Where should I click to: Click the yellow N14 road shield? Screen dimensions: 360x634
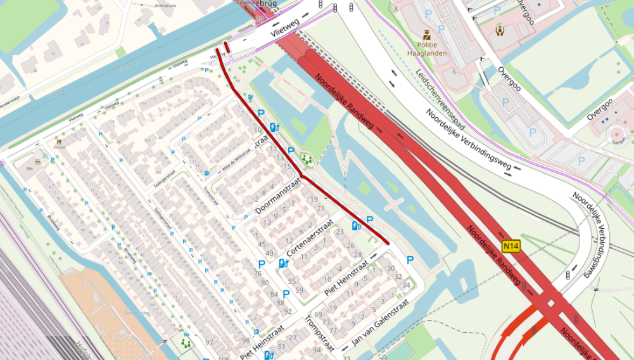click(511, 246)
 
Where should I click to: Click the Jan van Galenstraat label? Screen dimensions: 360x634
click(381, 323)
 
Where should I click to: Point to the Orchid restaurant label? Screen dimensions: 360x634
click(59, 146)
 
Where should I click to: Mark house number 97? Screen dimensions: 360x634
click(209, 342)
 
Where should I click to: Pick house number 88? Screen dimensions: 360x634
click(281, 303)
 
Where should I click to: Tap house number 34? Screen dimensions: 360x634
click(406, 285)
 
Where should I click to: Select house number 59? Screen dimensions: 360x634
click(299, 290)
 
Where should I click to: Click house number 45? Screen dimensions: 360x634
click(262, 245)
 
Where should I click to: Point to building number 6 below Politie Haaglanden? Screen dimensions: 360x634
click(454, 72)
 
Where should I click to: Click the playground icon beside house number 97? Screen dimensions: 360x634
click(186, 342)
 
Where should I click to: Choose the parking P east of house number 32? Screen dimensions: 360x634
click(410, 260)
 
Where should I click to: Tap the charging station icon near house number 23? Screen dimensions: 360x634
click(356, 226)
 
